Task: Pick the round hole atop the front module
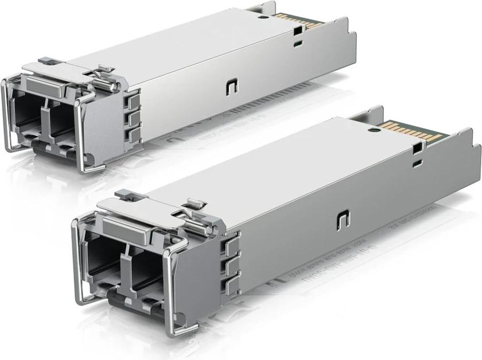375,130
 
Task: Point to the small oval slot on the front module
415,163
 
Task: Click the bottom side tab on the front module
232,284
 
